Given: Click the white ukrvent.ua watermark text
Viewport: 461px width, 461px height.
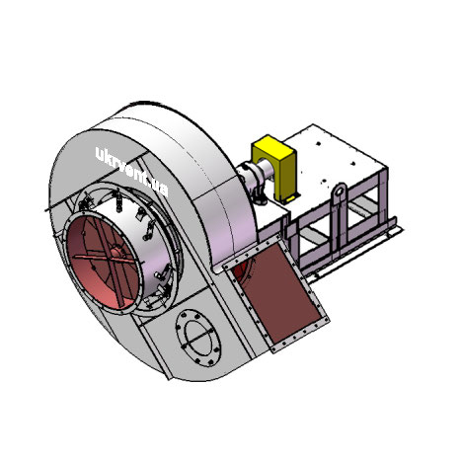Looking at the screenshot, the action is click(x=131, y=172).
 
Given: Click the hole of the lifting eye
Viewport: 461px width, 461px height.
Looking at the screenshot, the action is click(x=340, y=192).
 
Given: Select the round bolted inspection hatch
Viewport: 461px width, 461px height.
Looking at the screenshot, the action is click(x=198, y=338).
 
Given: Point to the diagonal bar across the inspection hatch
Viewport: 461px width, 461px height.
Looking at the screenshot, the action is click(x=198, y=337).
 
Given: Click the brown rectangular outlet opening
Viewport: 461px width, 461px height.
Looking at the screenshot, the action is click(x=280, y=293).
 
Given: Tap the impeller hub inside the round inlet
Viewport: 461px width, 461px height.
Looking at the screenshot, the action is click(x=115, y=254).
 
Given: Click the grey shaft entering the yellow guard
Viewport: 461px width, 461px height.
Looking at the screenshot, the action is click(x=266, y=168).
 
